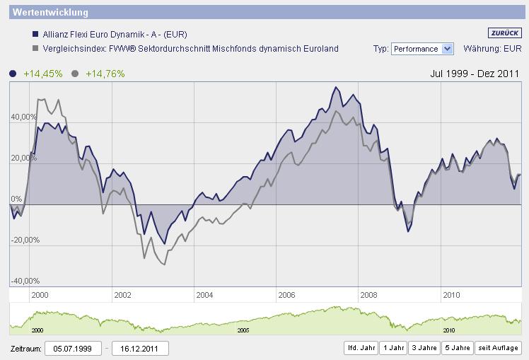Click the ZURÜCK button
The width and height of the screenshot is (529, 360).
tap(504, 33)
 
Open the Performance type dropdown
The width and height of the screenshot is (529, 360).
tap(422, 49)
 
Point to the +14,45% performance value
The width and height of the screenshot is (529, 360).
tap(42, 74)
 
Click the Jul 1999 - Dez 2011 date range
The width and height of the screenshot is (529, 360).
tap(475, 74)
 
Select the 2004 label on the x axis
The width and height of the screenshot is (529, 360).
tap(204, 294)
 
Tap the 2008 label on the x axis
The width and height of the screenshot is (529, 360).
tap(368, 294)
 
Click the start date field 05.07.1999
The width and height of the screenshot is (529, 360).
tap(73, 348)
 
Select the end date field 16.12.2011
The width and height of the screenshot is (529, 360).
tap(140, 348)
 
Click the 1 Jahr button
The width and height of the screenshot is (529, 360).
tap(393, 348)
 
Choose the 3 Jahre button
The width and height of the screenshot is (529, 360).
tap(424, 348)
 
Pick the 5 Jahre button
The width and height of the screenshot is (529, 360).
tap(457, 348)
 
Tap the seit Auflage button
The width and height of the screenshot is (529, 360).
tap(498, 348)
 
